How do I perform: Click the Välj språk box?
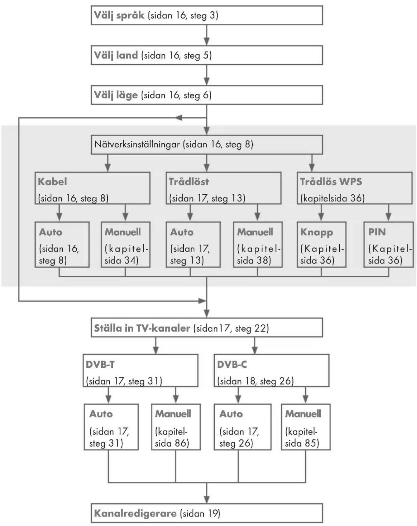(207, 15)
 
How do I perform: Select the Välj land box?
(207, 55)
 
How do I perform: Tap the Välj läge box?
(207, 95)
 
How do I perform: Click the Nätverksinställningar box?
(207, 145)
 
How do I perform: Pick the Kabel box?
(92, 188)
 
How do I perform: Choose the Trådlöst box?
(224, 188)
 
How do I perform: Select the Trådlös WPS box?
(355, 188)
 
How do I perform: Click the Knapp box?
(321, 245)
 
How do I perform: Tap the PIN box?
(389, 245)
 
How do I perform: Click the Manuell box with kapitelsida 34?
(125, 245)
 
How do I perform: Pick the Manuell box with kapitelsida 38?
(258, 245)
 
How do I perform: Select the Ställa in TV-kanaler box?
(207, 328)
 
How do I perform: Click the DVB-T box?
(141, 371)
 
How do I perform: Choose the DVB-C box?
(272, 371)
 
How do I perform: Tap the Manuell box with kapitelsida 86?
(176, 427)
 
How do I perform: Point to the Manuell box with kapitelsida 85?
(306, 427)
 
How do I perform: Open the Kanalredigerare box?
(207, 513)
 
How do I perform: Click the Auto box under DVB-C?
(243, 427)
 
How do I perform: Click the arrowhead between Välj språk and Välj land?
(207, 41)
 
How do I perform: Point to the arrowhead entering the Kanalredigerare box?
(207, 499)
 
